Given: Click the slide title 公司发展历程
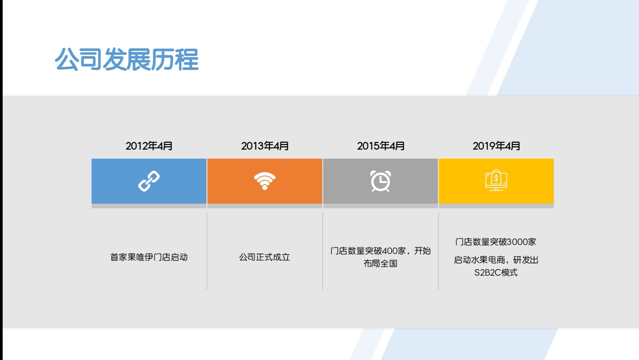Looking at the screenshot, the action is click(127, 59).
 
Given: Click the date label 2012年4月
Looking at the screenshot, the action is click(149, 146).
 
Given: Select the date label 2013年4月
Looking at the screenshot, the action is click(265, 146).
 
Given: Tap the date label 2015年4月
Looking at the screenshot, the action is click(381, 146).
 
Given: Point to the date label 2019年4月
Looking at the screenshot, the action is click(496, 146).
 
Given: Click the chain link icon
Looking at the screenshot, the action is click(149, 181).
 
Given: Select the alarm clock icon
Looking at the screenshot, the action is click(380, 181).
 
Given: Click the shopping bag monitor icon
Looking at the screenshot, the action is click(496, 180).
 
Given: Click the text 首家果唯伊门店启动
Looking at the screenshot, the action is click(149, 257).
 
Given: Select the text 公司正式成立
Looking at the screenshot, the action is click(265, 257).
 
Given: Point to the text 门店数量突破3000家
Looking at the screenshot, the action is click(496, 242).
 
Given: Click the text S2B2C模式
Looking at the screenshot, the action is click(496, 273).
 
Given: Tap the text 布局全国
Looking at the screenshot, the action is click(380, 264).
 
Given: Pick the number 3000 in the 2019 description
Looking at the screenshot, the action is click(517, 242).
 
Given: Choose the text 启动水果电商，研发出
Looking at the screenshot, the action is click(496, 260).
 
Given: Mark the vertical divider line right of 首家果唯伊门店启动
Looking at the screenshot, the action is click(207, 251).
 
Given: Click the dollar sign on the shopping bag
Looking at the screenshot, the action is click(496, 178).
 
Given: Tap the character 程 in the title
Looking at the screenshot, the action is click(187, 59).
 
